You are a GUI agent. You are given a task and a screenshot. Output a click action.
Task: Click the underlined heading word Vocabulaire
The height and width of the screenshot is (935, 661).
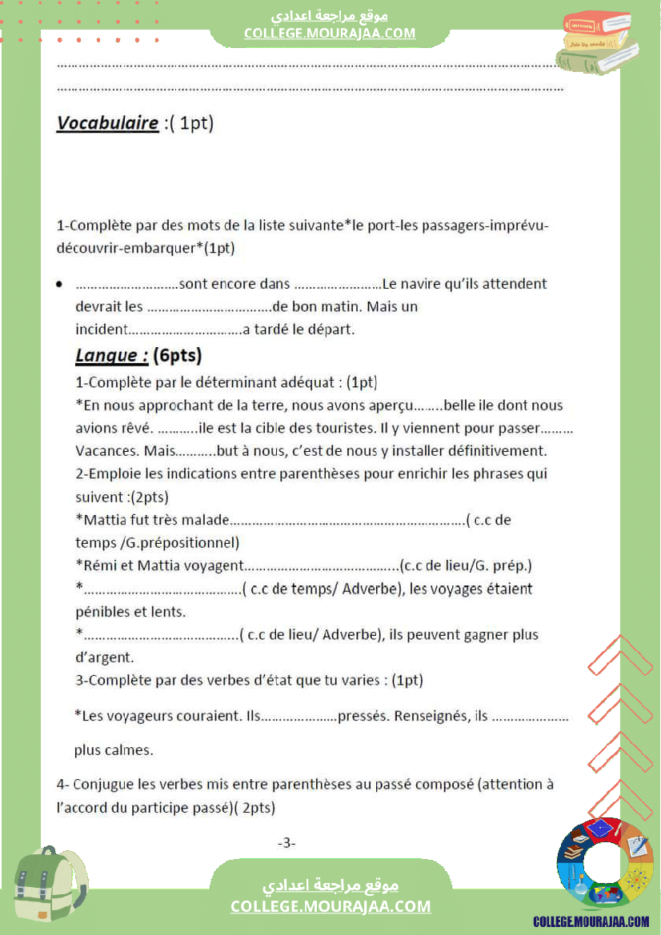107,123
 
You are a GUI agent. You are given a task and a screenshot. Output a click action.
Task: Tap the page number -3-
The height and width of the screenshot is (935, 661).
286,842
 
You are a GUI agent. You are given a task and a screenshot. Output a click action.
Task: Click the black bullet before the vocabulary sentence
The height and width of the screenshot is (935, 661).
60,285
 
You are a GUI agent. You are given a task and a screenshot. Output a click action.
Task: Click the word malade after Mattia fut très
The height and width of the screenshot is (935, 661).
205,520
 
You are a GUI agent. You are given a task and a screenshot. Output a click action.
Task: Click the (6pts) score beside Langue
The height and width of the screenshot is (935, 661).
177,355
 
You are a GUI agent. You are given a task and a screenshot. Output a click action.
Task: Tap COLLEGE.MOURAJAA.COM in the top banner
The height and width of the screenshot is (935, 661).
330,33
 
